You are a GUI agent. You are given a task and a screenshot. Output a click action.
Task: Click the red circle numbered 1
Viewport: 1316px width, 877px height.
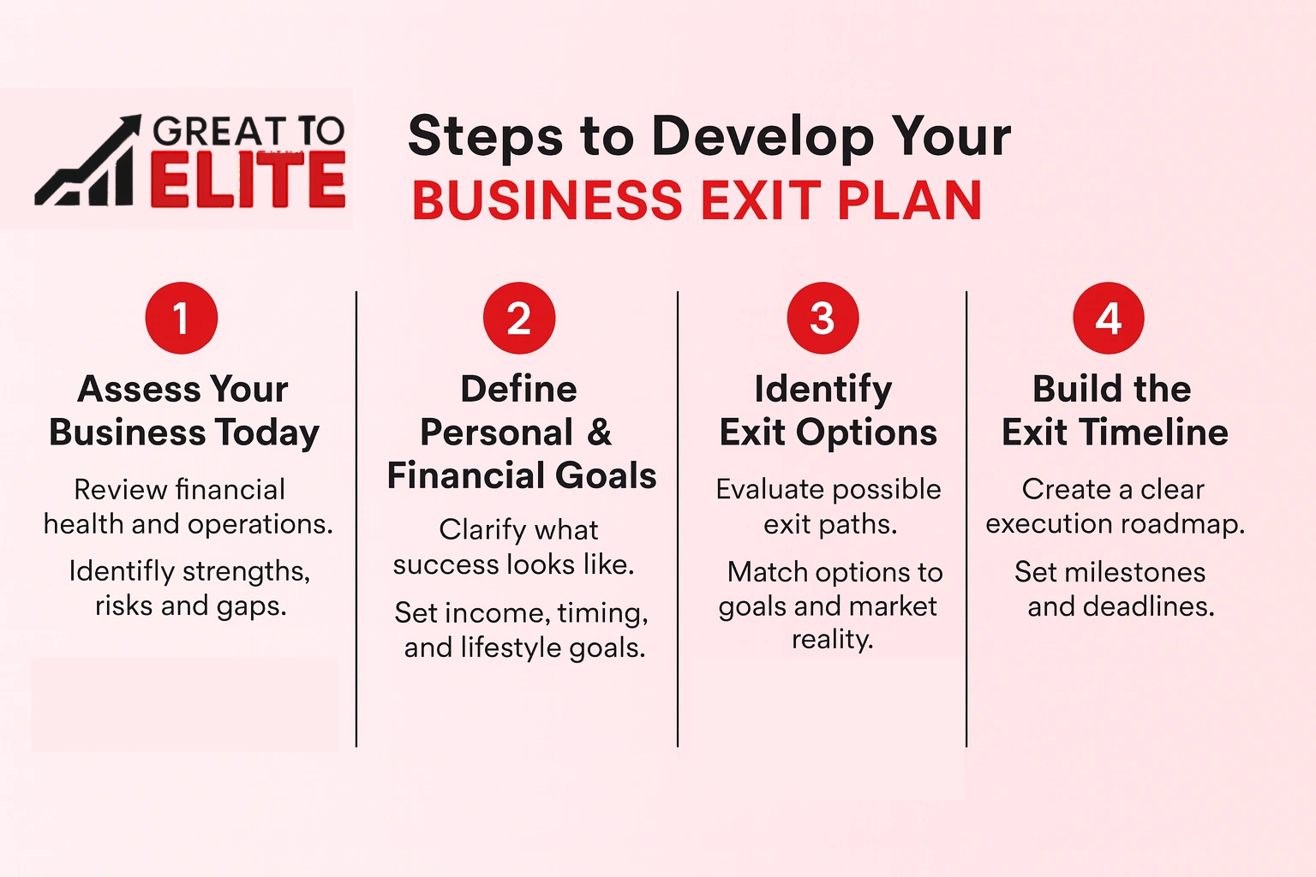click(182, 318)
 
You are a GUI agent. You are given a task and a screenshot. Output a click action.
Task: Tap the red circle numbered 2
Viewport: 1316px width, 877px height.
click(519, 318)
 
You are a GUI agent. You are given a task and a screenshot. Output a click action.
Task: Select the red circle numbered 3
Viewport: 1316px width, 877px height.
click(822, 318)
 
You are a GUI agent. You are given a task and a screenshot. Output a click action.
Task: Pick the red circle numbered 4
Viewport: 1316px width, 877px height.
click(1109, 318)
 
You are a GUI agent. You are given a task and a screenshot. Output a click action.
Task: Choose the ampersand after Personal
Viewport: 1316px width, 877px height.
click(600, 433)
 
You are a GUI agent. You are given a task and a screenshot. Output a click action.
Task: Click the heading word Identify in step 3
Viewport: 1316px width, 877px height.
click(822, 390)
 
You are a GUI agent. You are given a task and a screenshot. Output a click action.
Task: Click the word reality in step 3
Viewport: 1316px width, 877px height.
click(832, 640)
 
